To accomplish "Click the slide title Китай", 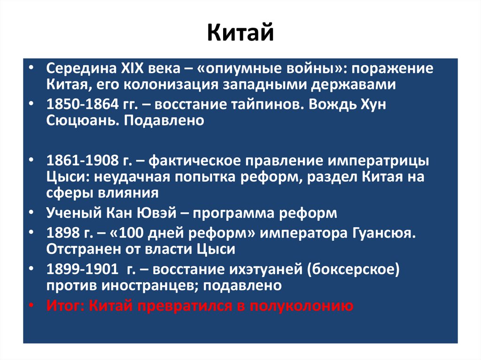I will [240, 34].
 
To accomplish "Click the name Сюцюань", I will [76, 121].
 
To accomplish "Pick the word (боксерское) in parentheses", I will [357, 269].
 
